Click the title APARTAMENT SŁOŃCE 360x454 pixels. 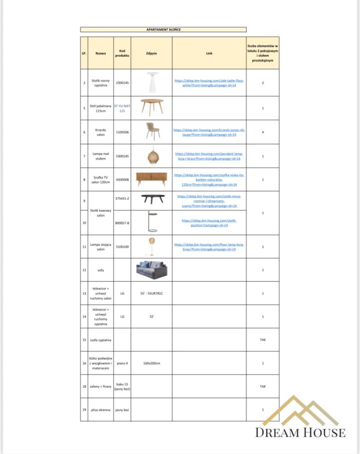[163, 29]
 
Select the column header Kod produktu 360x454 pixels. [122, 53]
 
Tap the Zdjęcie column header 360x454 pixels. [151, 53]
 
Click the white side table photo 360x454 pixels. [152, 81]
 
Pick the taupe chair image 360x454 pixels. [152, 131]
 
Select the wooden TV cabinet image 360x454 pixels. [151, 179]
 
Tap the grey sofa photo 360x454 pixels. [151, 270]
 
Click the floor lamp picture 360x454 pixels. [152, 246]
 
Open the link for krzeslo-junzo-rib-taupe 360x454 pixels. [209, 132]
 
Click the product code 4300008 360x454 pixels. [122, 180]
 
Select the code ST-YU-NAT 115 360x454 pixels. [122, 108]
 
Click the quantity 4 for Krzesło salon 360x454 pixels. [263, 132]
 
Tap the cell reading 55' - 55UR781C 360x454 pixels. [151, 293]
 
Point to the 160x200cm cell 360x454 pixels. [151, 363]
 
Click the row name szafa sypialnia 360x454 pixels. [101, 340]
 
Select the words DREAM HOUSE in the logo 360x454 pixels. [300, 432]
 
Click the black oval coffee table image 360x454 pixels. [152, 199]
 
